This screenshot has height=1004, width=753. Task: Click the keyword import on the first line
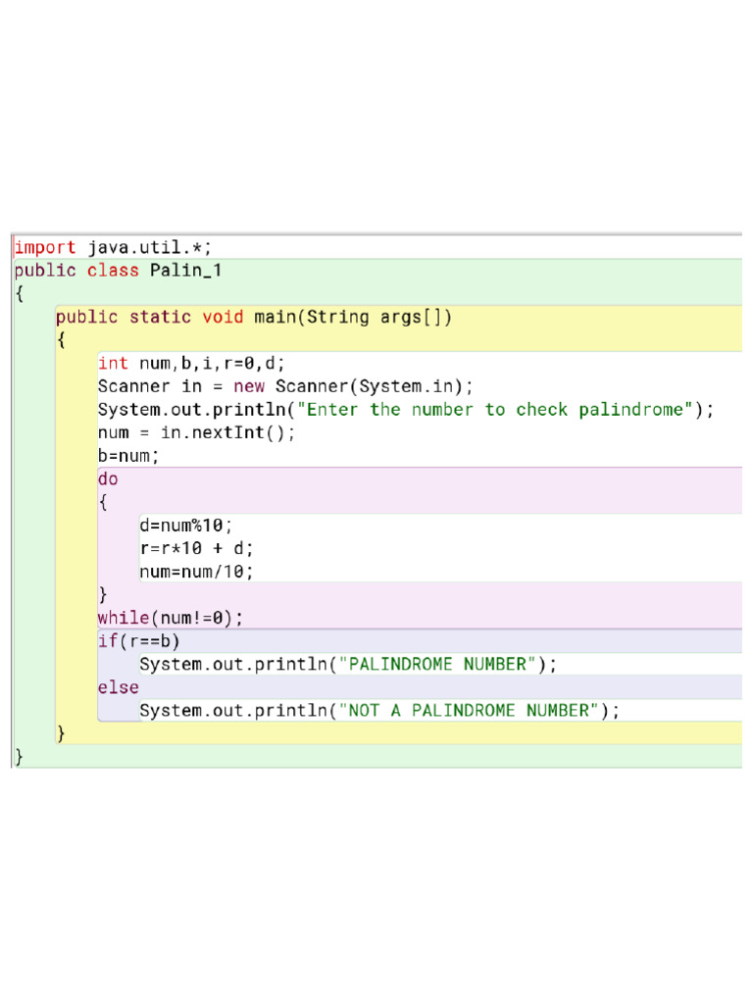pos(44,247)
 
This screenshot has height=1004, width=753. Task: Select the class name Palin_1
pos(185,271)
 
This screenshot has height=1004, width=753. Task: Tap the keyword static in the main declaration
pos(161,317)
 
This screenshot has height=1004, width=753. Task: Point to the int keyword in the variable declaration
pos(113,364)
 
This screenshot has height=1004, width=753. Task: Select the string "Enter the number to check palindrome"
pos(495,410)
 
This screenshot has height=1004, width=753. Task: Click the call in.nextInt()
pos(226,432)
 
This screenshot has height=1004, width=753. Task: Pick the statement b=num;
pos(128,456)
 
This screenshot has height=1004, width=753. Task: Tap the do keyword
pos(108,479)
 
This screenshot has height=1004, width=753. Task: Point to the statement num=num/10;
pos(196,572)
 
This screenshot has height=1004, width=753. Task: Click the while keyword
pos(123,618)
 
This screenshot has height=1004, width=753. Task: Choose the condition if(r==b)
pos(138,641)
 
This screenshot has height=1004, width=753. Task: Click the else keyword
pos(118,687)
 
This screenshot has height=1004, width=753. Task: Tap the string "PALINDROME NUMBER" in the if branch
pos(437,664)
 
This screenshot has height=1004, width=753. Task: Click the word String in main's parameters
pos(338,317)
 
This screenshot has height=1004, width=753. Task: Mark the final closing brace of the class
pos(19,756)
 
